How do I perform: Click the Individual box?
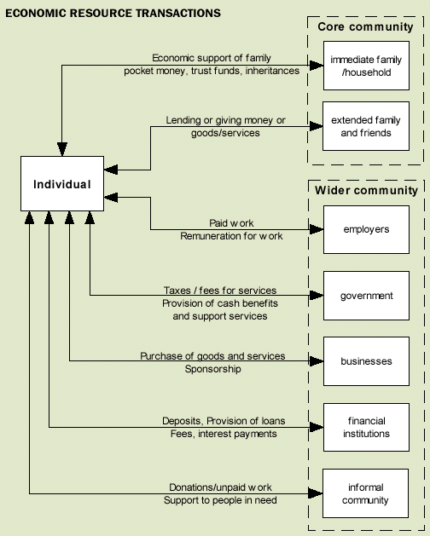pyautogui.click(x=61, y=183)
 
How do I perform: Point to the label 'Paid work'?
pyautogui.click(x=231, y=223)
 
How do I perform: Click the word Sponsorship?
pyautogui.click(x=212, y=369)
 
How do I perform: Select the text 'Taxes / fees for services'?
pyautogui.click(x=220, y=291)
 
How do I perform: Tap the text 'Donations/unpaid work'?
pyautogui.click(x=220, y=487)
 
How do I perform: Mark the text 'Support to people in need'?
pyautogui.click(x=220, y=500)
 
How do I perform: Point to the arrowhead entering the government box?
pyautogui.click(x=317, y=296)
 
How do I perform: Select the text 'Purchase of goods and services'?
pyautogui.click(x=212, y=356)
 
